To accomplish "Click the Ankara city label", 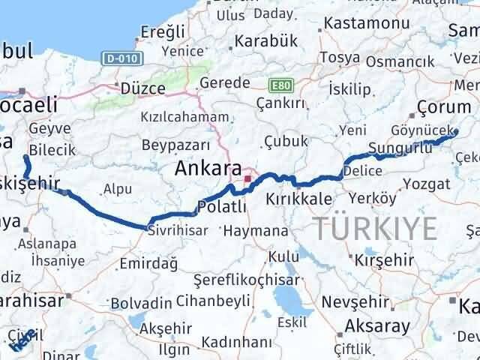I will (x=208, y=169).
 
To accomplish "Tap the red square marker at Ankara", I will (x=247, y=178).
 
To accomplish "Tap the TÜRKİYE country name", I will (x=375, y=226).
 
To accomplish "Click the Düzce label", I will (x=143, y=88).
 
